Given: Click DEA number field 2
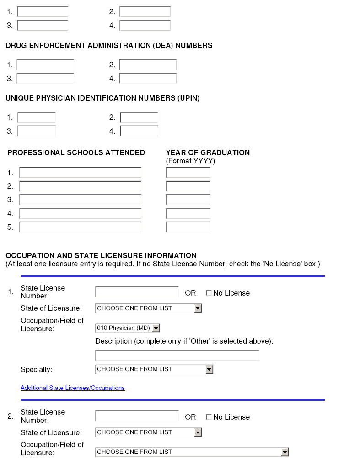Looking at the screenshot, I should (x=148, y=65).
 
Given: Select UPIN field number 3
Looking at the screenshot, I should (x=37, y=131).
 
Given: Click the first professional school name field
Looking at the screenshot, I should (x=81, y=173).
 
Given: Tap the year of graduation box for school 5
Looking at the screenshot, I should (x=188, y=227).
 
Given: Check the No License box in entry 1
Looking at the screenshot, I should (x=209, y=293).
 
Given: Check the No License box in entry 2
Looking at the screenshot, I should (x=209, y=417).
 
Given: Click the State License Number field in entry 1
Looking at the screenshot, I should (x=137, y=292).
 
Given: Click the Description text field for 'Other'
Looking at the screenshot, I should (x=177, y=355).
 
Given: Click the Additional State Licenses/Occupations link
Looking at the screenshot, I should (x=73, y=388).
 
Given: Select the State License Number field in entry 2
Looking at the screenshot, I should (x=137, y=416).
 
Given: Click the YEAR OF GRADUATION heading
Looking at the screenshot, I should (x=208, y=153).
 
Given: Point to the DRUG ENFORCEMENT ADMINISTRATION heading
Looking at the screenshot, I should (x=109, y=46).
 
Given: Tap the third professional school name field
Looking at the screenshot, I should (x=81, y=200).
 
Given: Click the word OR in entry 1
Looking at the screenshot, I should (x=190, y=293).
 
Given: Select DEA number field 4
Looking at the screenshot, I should (x=148, y=79).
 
